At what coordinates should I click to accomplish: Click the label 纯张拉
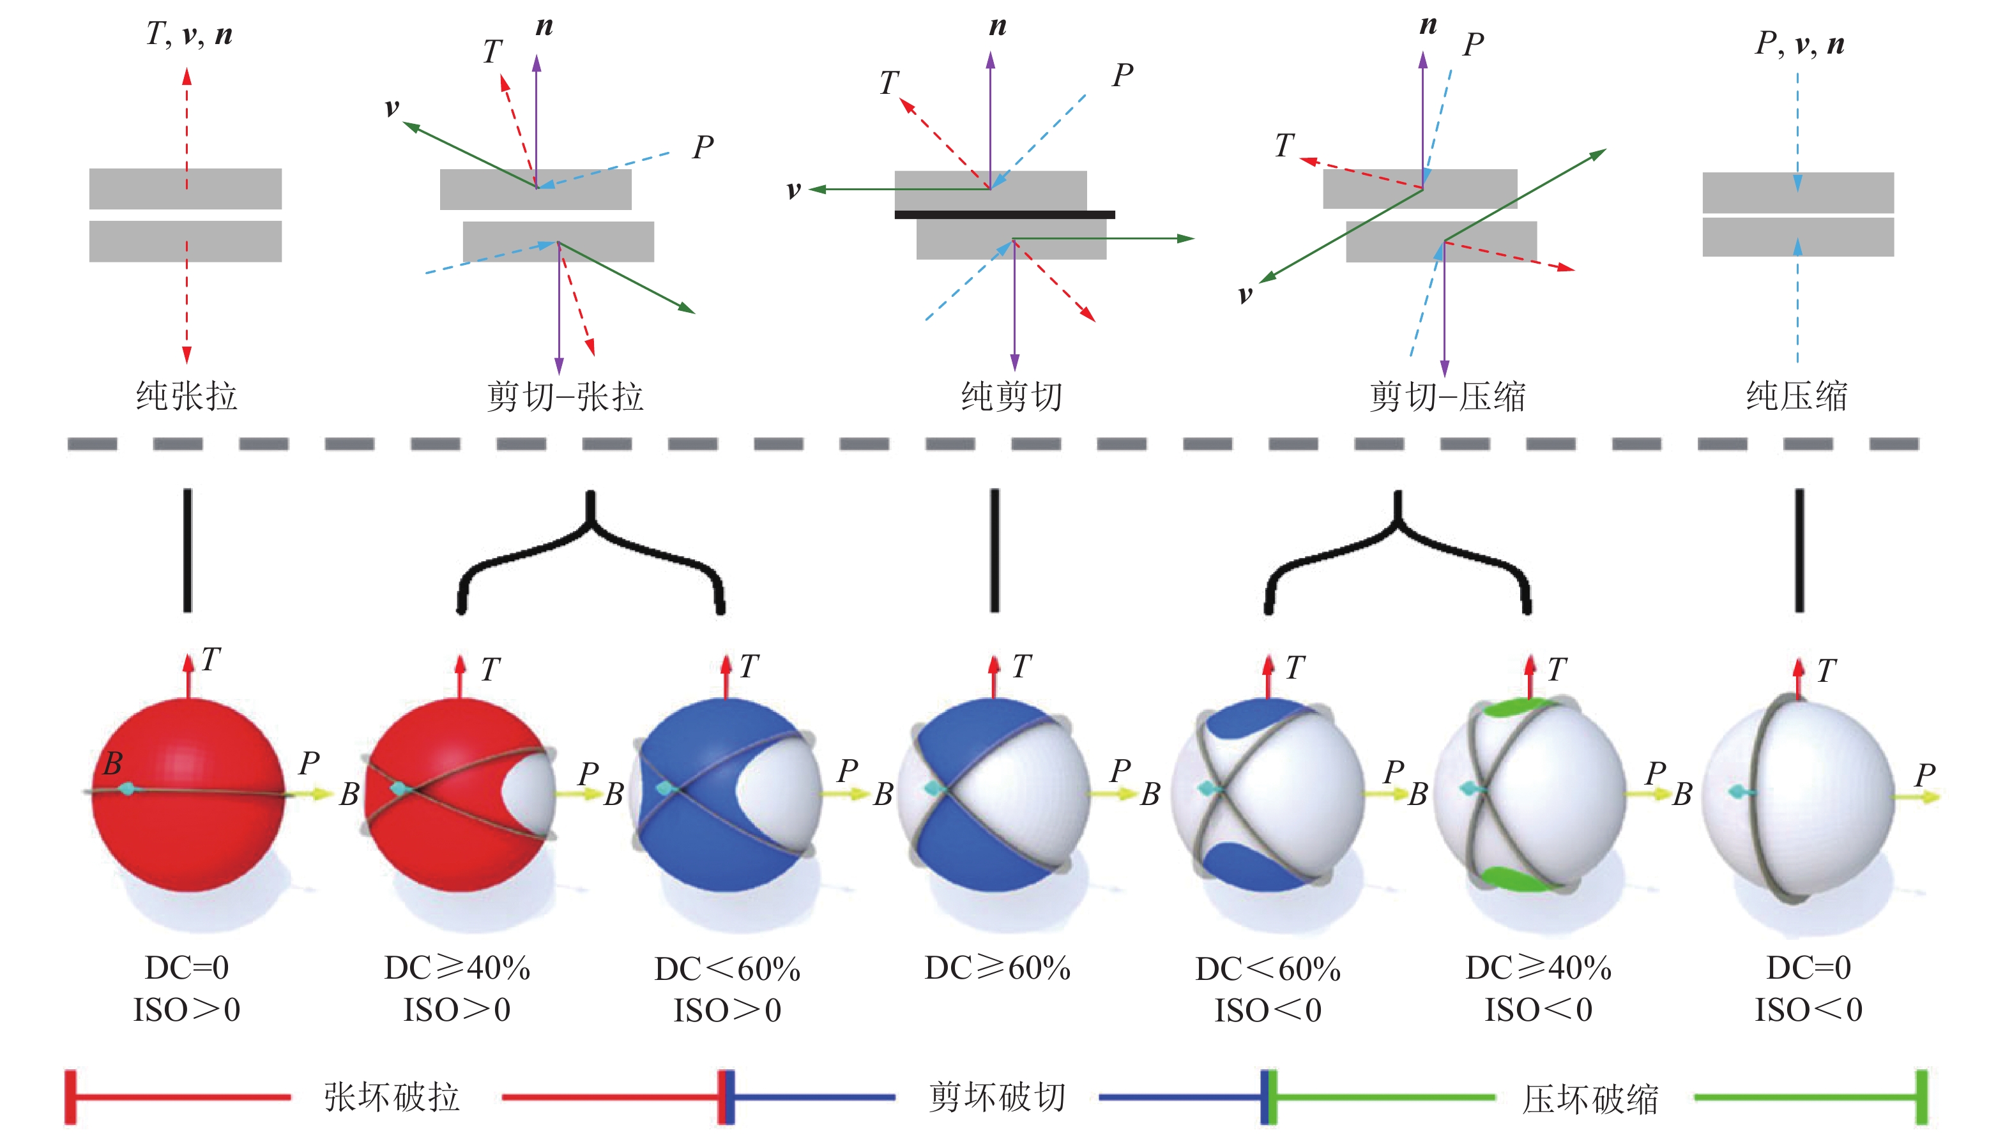[187, 395]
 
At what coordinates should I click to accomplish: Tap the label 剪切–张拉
[565, 396]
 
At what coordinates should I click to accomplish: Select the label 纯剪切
[1012, 396]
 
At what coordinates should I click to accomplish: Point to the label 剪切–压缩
[1448, 396]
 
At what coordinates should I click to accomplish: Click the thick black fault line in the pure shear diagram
[1005, 214]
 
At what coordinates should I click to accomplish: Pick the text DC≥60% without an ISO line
[998, 968]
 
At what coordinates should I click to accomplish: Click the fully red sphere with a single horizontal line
[188, 794]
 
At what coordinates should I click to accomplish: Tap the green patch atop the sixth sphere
[1515, 707]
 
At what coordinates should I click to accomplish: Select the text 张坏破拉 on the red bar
[392, 1097]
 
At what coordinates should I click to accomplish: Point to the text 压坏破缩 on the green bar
[1591, 1099]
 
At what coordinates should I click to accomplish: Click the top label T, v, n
[189, 34]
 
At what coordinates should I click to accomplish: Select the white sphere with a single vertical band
[1799, 798]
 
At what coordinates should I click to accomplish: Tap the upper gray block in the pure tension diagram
[185, 188]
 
